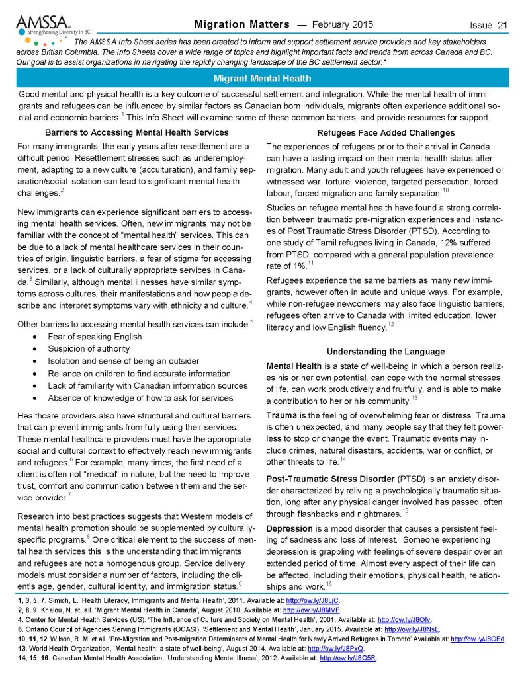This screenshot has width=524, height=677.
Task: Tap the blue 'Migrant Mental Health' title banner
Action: click(262, 79)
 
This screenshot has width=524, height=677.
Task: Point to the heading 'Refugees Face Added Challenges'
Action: click(387, 133)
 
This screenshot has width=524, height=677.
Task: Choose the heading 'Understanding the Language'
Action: click(387, 351)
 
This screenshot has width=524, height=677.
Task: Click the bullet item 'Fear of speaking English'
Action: click(95, 336)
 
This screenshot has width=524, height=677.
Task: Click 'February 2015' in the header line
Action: click(342, 25)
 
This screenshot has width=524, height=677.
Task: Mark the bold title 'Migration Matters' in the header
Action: click(242, 25)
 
